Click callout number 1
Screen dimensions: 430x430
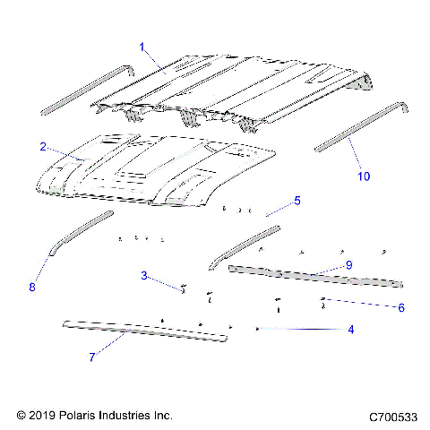coord(142,45)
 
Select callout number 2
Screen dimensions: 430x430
coord(43,145)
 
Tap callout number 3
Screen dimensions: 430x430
coord(142,275)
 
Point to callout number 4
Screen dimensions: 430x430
coord(350,330)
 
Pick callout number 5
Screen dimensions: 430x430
coord(297,200)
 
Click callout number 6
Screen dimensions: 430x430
coord(400,307)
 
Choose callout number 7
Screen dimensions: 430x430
coord(91,357)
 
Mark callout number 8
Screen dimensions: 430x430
coord(33,288)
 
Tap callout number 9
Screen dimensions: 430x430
coord(348,265)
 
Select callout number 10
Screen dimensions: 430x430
coord(363,176)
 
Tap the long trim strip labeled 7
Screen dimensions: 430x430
coord(143,331)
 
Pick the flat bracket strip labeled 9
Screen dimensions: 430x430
coord(314,277)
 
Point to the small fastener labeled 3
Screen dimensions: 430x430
coord(183,289)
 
